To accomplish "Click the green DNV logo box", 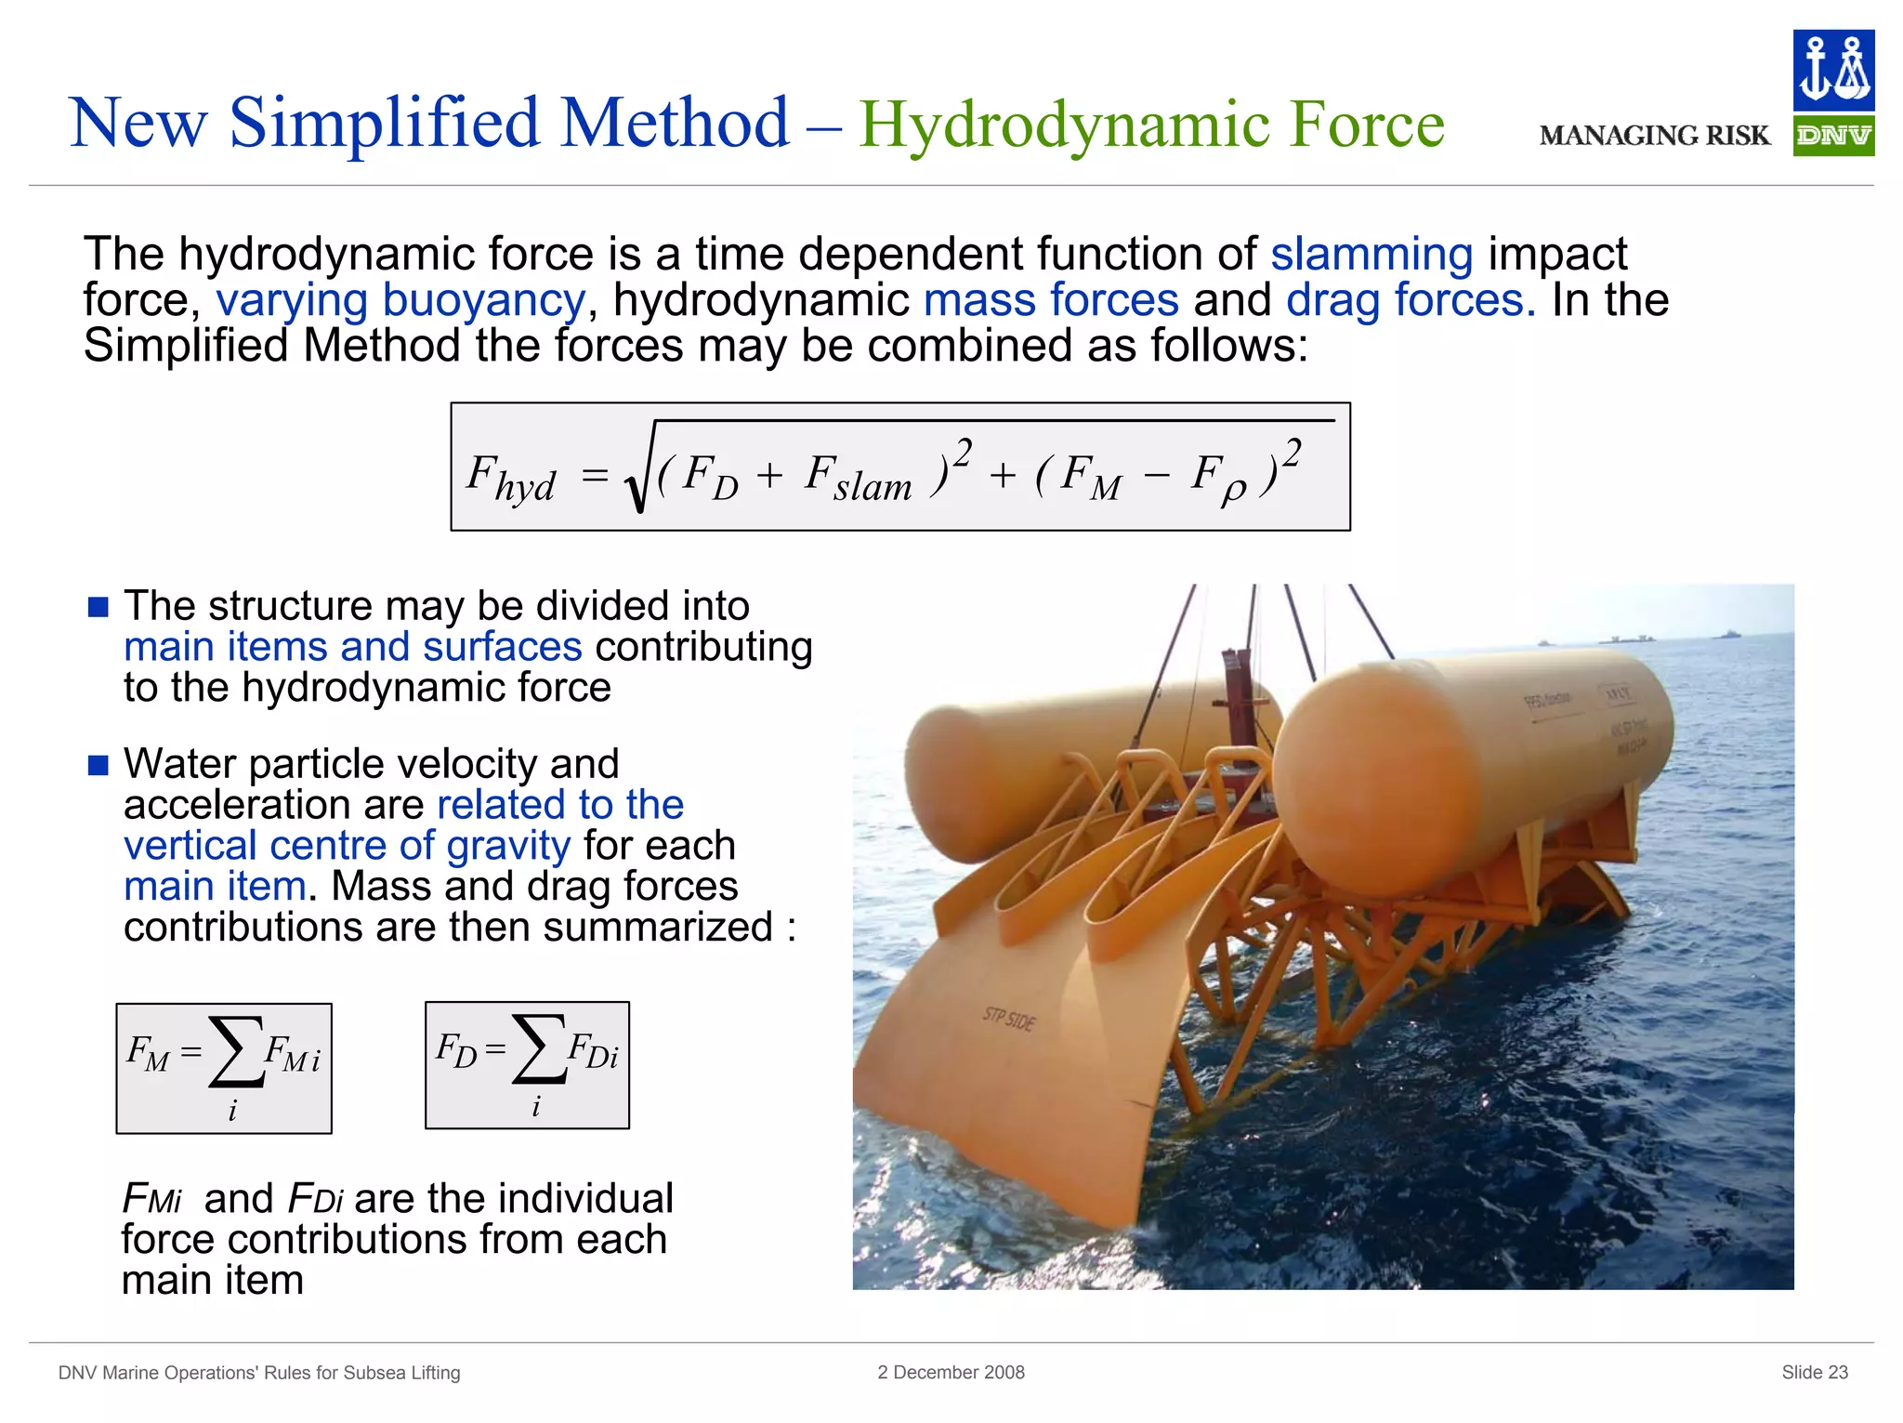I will pyautogui.click(x=1832, y=137).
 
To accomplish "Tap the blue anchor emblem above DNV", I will pyautogui.click(x=1832, y=71).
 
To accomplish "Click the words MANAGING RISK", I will pyautogui.click(x=1654, y=137).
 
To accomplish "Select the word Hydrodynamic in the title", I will pyautogui.click(x=1064, y=125).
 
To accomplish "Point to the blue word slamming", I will pyautogui.click(x=1371, y=254).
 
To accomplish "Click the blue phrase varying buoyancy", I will pyautogui.click(x=400, y=300).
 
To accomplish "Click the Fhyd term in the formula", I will pyautogui.click(x=511, y=478).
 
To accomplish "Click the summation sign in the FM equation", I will pyautogui.click(x=237, y=1051).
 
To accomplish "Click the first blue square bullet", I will pyautogui.click(x=98, y=608).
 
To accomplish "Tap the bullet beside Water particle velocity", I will pyautogui.click(x=98, y=766).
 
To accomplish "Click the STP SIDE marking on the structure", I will pyautogui.click(x=1008, y=1020).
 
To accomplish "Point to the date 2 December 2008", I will pyautogui.click(x=951, y=1373).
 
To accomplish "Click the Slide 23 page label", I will pyautogui.click(x=1814, y=1373).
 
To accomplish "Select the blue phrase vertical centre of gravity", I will pyautogui.click(x=347, y=846).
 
